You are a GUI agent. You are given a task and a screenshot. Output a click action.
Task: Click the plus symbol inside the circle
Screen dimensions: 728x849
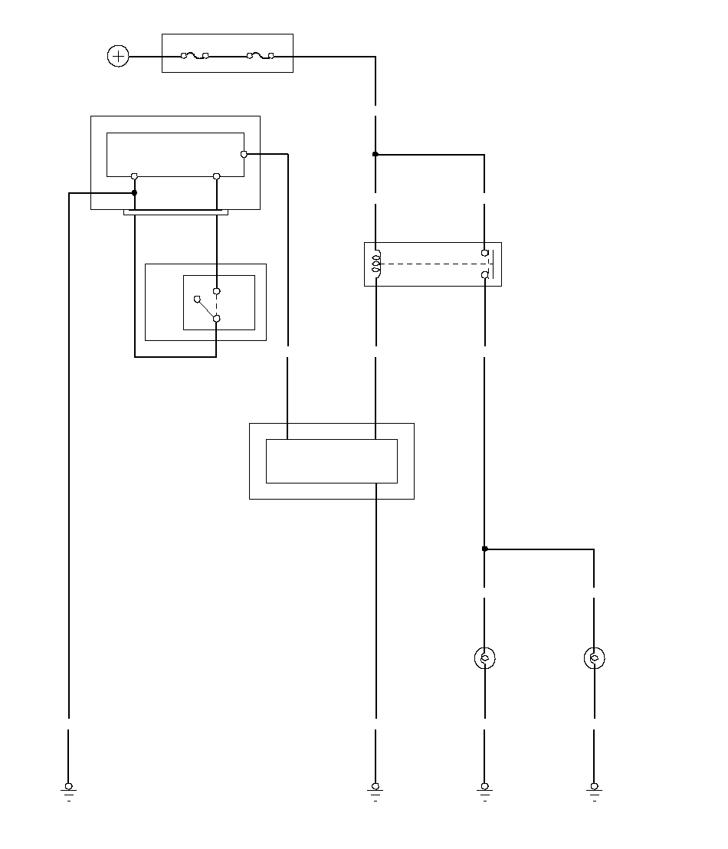point(118,56)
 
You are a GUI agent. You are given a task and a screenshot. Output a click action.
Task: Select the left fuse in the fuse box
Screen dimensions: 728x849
point(194,56)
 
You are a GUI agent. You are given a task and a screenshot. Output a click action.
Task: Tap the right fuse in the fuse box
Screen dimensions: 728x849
point(261,56)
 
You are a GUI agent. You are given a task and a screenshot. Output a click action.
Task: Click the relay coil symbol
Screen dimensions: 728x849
point(375,263)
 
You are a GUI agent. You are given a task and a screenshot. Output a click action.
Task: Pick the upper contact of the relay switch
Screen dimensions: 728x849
point(485,252)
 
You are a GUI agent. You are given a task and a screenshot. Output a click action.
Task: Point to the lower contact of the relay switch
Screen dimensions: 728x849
point(485,274)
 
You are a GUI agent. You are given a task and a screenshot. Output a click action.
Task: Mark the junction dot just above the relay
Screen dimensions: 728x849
point(375,154)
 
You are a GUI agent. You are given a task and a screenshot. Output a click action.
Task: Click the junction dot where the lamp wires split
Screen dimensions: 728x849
point(484,549)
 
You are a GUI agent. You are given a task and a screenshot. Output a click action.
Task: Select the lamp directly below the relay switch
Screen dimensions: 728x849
point(484,658)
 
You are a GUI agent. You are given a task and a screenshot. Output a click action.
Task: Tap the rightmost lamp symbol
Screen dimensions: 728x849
point(594,658)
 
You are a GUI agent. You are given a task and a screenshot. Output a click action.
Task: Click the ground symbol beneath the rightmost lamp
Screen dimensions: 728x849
point(594,788)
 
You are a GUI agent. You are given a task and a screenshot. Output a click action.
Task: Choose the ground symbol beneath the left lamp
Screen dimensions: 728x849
point(484,788)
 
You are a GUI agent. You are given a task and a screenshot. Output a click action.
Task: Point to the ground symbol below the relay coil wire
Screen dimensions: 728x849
point(375,788)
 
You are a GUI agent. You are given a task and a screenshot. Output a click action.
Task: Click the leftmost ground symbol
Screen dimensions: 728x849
point(69,788)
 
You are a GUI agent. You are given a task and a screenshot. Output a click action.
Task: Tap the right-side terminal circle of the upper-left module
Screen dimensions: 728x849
point(244,154)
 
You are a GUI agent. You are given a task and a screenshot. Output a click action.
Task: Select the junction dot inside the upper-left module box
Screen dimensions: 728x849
point(135,193)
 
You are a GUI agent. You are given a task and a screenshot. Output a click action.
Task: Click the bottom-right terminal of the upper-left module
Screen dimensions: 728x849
point(216,176)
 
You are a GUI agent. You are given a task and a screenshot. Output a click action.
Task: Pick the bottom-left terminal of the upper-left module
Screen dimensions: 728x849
point(135,176)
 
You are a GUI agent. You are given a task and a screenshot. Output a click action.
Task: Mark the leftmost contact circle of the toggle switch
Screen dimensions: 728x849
point(197,300)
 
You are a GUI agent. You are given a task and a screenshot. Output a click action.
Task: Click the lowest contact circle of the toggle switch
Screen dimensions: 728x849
point(216,318)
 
